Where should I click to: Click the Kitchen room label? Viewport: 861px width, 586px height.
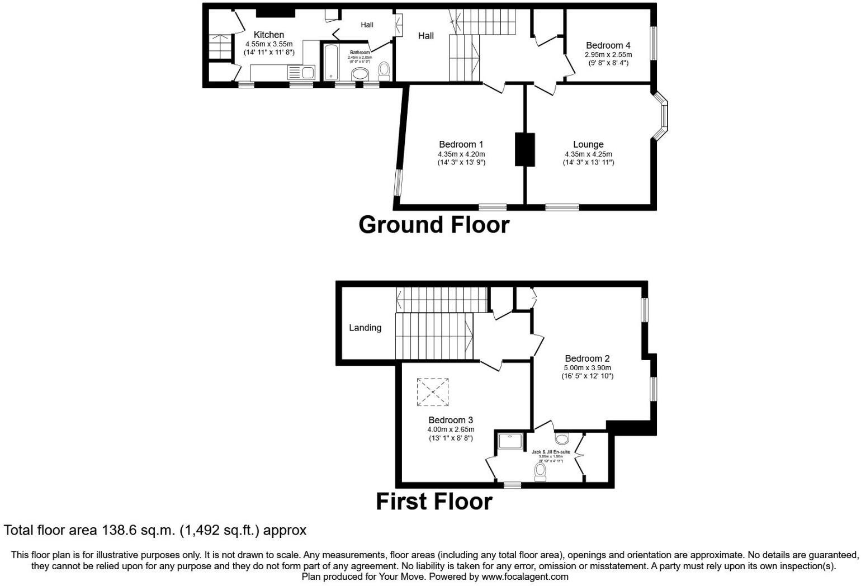pos(268,35)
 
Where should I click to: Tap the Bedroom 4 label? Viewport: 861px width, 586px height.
pos(608,45)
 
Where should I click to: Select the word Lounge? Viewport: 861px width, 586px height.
pos(588,144)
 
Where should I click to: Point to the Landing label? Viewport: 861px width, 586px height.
pos(365,328)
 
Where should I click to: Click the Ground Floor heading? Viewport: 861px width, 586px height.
pos(434,225)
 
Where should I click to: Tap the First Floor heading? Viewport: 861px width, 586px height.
pos(434,502)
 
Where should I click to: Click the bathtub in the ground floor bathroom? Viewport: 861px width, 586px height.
pos(330,62)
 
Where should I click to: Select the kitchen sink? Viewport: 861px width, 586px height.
pos(301,72)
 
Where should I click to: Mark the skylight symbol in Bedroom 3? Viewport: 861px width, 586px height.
pos(433,392)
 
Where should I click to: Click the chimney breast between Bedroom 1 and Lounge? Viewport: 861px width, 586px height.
pos(524,149)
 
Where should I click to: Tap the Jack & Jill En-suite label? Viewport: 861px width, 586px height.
pos(551,452)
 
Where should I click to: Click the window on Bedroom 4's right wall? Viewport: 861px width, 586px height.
pos(652,43)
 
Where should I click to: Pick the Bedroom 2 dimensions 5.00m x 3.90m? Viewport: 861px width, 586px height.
pos(587,368)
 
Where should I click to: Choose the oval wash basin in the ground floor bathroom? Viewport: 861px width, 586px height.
pos(360,74)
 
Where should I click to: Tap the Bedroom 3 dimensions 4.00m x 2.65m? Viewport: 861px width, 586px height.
pos(451,429)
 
